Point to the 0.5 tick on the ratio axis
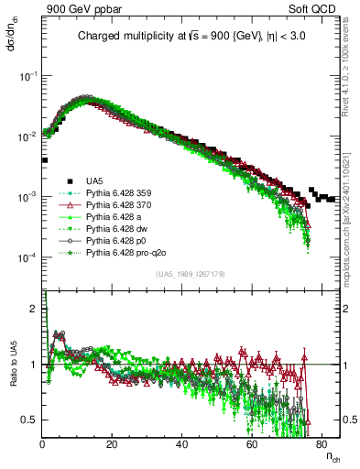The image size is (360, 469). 32,420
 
